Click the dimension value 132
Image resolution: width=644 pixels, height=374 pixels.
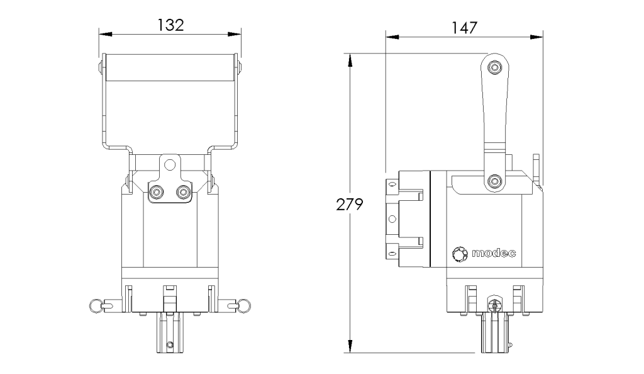click(170, 25)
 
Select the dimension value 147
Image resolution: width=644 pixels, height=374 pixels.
click(464, 27)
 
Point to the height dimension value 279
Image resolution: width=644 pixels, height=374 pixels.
click(347, 205)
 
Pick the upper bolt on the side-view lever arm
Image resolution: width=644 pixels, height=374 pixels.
click(495, 67)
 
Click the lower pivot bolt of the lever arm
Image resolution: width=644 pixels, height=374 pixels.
click(495, 182)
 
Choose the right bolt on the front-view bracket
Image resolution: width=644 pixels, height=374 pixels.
click(182, 191)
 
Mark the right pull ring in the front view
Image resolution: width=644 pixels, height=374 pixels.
click(243, 305)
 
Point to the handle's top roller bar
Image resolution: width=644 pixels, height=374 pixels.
click(170, 67)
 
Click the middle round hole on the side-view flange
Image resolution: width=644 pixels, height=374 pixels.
click(392, 218)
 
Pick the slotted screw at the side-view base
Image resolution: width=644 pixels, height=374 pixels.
click(494, 304)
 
